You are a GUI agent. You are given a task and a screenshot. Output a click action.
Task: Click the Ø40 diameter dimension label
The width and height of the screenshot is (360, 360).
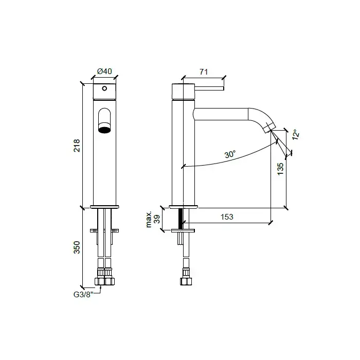coord(104,71)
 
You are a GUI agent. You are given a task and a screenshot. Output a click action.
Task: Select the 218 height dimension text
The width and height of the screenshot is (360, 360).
coord(77,146)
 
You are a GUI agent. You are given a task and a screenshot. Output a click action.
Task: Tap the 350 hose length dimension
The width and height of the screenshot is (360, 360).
coord(77,247)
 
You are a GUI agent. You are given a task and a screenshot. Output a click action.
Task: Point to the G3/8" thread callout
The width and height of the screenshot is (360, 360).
coord(83,295)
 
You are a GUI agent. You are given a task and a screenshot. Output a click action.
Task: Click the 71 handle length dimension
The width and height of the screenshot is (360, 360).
coord(204,72)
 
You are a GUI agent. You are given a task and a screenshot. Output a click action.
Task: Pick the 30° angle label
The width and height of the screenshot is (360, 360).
coord(230,154)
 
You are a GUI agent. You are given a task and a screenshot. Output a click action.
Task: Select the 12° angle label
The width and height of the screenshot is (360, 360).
coord(296,135)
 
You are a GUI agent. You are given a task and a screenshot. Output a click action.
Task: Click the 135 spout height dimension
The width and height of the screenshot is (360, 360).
coord(280,169)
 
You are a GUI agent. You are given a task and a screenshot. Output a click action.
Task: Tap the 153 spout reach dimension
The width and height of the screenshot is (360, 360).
coord(227,217)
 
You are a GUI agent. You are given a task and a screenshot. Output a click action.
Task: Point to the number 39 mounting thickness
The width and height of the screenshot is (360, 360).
coord(157,219)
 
